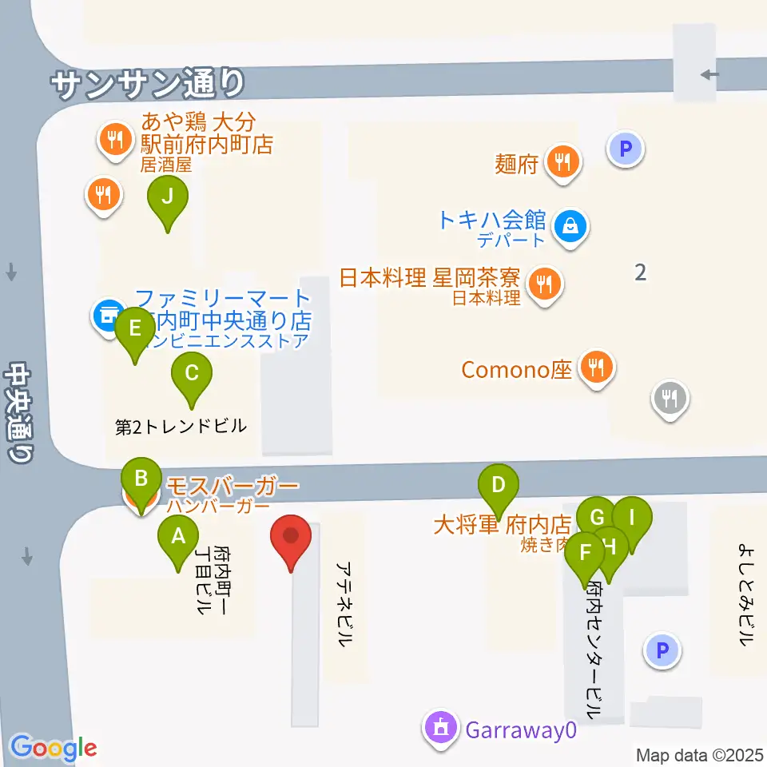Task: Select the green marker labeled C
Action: coord(192,375)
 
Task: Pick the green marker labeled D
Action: coord(499,487)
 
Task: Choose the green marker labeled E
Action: coord(134,330)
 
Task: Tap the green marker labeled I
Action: coord(631,519)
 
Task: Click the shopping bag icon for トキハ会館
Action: coord(573,227)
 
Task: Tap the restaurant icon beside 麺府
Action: coord(564,163)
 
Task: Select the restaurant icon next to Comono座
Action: coord(596,368)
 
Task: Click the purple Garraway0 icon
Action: coord(440,728)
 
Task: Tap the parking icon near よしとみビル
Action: coord(662,650)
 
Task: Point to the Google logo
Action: coord(54,749)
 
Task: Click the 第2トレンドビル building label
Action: coord(181,427)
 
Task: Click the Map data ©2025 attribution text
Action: coord(700,754)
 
